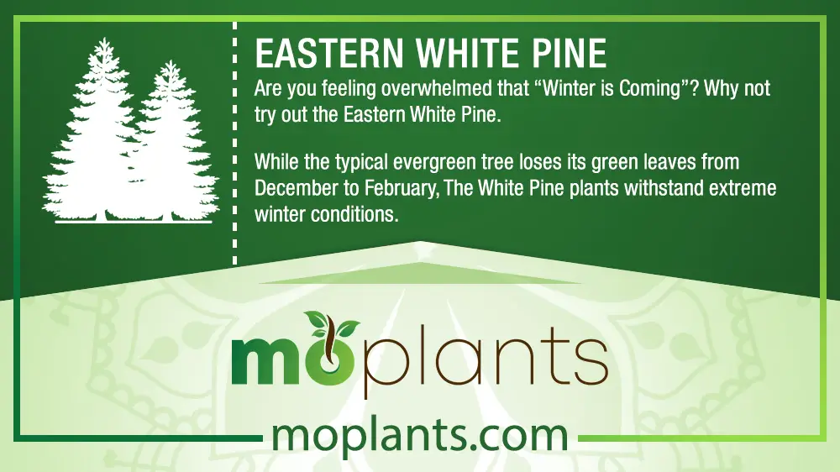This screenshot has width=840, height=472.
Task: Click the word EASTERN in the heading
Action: pos(329,53)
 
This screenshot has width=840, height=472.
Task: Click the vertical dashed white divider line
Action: pos(234,144)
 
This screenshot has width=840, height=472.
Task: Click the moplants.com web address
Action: pos(420,438)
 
